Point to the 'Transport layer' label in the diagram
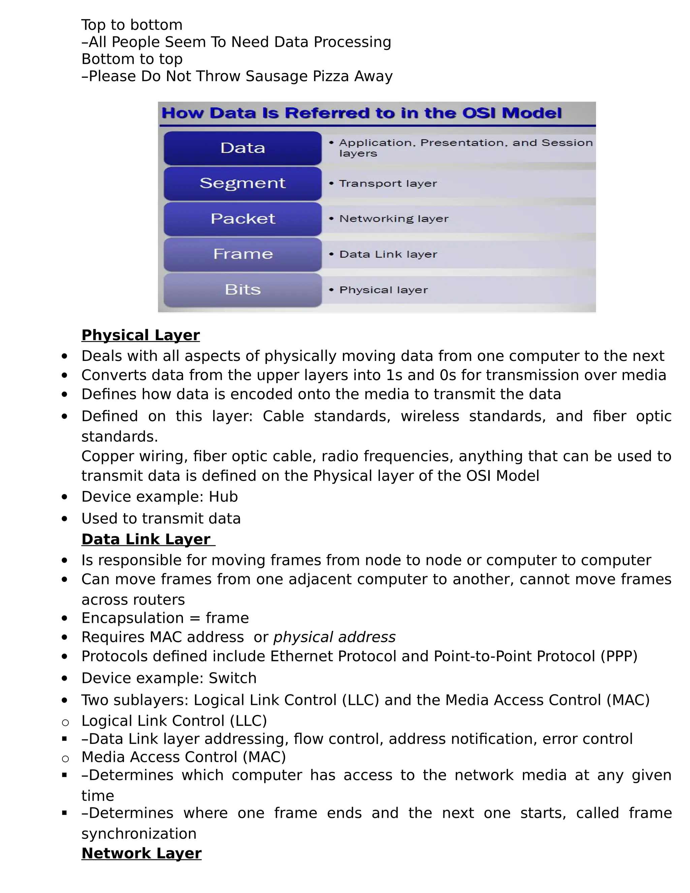pos(387,184)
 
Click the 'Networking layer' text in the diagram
pos(394,219)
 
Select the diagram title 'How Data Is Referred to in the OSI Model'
pos(362,113)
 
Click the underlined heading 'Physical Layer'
pos(140,335)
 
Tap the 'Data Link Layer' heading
pos(146,539)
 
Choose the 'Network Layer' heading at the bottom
pos(142,853)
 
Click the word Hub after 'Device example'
pos(223,496)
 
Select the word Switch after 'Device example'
pos(232,678)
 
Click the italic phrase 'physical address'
pos(334,637)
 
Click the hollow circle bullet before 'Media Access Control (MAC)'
pos(65,759)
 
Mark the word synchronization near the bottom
pos(139,833)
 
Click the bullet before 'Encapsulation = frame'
pos(65,618)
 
